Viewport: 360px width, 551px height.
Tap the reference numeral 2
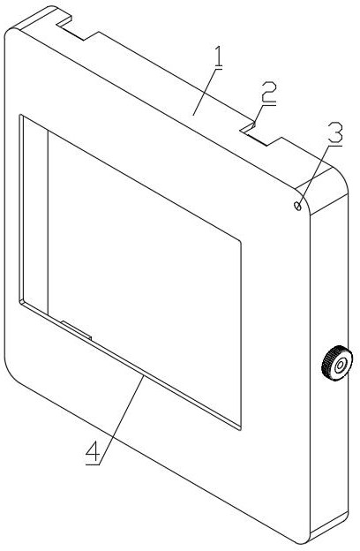point(269,92)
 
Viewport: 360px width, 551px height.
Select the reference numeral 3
point(335,132)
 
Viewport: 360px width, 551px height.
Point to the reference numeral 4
point(93,451)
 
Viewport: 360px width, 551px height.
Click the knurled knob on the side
point(337,363)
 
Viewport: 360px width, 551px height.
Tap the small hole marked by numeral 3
point(298,206)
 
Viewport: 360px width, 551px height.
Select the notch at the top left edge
point(76,28)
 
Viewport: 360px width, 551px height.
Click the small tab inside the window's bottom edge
point(77,329)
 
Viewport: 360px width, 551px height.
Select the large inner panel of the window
point(144,277)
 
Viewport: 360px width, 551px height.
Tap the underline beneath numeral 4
point(93,464)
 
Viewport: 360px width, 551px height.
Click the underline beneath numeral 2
point(269,104)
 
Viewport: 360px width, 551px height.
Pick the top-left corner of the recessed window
point(19,115)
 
